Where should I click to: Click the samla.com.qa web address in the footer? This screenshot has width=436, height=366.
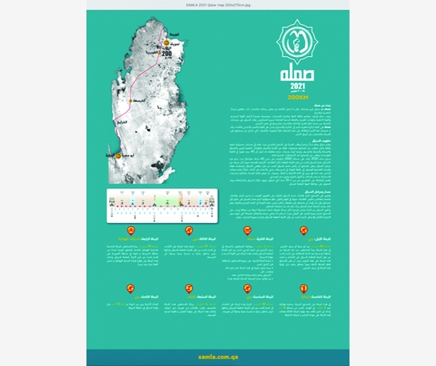coord(217,356)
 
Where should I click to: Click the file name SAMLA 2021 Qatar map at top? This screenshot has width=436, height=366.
coord(218,4)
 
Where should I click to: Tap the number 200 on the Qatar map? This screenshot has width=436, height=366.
coord(167,53)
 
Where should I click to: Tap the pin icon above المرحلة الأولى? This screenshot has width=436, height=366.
coord(304,230)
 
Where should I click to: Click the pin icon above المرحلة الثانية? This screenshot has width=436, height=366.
coord(247,230)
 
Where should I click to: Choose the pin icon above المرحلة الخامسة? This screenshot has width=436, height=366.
coord(304,288)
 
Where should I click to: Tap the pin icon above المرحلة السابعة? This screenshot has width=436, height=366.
coord(189,288)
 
